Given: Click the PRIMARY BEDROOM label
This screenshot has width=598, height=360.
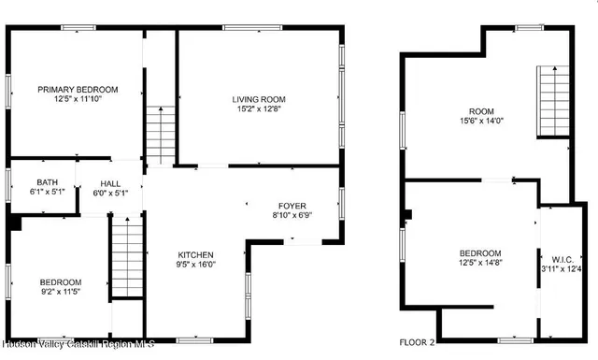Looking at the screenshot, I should (78, 90).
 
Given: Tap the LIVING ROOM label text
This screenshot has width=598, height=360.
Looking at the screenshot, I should (259, 99).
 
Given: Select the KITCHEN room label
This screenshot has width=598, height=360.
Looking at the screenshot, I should (196, 255).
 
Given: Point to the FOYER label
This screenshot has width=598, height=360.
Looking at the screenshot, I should (292, 206).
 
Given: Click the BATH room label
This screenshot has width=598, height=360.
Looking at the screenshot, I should (47, 182).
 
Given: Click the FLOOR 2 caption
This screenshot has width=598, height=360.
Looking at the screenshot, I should (418, 343).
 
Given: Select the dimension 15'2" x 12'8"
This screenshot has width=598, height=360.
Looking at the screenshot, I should (259, 109).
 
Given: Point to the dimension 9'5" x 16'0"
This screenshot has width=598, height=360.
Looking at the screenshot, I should (196, 266).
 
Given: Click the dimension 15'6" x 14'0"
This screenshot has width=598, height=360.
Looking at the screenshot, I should (481, 121).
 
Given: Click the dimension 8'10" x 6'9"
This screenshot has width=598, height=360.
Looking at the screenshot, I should (292, 216).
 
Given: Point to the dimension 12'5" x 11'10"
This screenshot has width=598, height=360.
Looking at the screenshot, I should (78, 100).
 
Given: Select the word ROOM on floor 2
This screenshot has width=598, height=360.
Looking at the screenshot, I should (481, 110).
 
